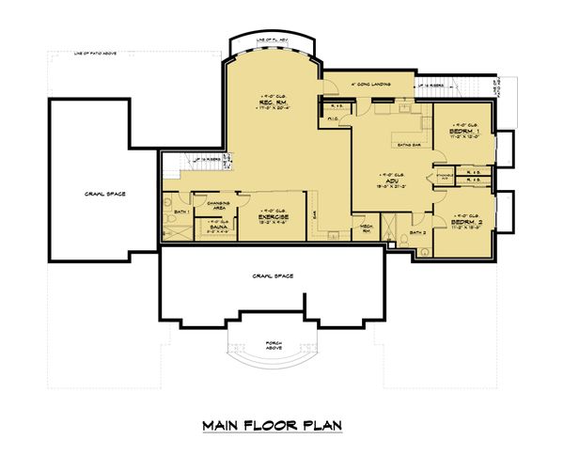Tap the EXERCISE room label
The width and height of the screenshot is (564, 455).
pyautogui.click(x=273, y=216)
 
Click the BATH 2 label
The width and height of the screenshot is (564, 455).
pyautogui.click(x=419, y=231)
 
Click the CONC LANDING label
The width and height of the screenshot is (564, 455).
pyautogui.click(x=368, y=83)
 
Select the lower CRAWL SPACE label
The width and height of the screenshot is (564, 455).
pyautogui.click(x=272, y=275)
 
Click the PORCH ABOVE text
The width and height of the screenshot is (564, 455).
pyautogui.click(x=272, y=344)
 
